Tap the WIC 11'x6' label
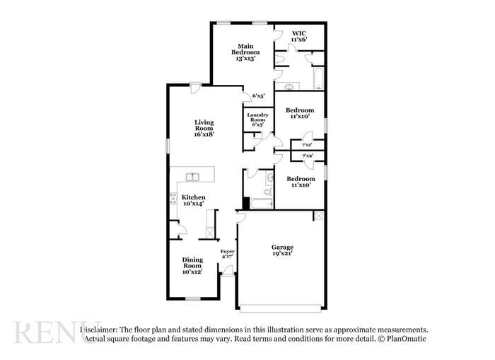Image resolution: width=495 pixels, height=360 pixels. pos(298,36)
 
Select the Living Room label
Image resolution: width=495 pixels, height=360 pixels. pos(204,127)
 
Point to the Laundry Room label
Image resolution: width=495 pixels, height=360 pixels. pos(257,120)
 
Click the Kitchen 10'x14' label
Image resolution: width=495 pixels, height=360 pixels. pos(194,200)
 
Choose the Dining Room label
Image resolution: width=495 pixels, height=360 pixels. pos(192,265)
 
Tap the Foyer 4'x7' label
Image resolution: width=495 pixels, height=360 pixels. pos(227,254)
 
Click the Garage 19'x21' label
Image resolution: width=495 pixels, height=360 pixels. pos(282,250)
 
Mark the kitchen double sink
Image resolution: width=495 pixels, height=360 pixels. pos(192,177)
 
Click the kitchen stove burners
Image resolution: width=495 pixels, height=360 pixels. pos(173,200)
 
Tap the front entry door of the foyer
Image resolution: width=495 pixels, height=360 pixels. pos(227,271)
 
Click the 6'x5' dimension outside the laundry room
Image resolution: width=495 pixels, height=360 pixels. pos(258,96)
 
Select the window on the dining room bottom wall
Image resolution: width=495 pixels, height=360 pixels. pos(192,299)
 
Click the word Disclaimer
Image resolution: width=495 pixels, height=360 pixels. pos(99,330)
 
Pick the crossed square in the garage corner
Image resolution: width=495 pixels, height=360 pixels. pos(320,216)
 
